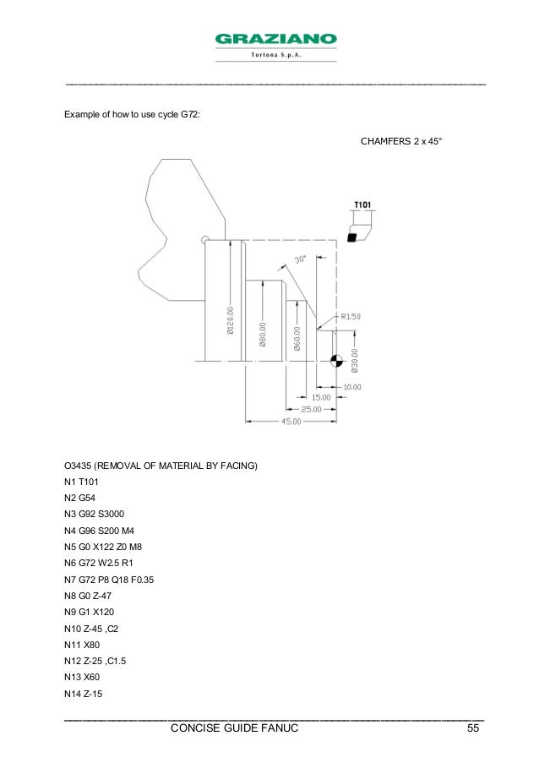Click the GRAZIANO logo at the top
click(275, 40)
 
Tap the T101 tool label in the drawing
click(362, 204)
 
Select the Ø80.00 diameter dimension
click(264, 334)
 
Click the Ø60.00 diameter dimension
click(297, 335)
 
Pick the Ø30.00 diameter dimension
click(355, 360)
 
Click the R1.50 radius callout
click(350, 316)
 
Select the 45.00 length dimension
click(291, 421)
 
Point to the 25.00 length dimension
click(311, 409)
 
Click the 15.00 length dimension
click(321, 397)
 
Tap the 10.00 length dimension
click(352, 386)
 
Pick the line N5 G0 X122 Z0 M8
click(108, 546)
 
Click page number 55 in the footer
click(474, 728)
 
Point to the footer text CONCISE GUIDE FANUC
click(234, 728)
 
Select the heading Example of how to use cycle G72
click(133, 114)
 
